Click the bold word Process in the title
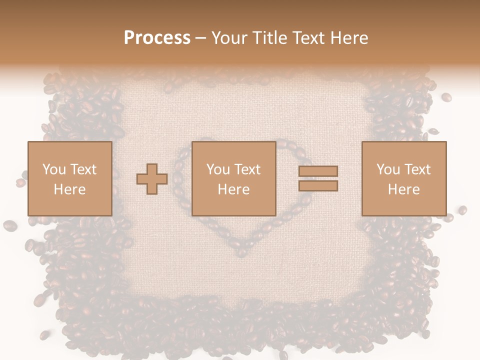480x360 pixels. tap(157, 38)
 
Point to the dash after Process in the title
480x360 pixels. tap(201, 38)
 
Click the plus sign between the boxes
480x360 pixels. tap(152, 179)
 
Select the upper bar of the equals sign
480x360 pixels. tap(318, 171)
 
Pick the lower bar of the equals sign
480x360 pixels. tap(318, 186)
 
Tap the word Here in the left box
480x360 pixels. tap(69, 189)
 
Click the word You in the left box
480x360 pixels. tap(53, 169)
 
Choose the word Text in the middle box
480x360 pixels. tap(247, 169)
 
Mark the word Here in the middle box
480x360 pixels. tap(233, 189)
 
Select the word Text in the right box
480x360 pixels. tap(417, 169)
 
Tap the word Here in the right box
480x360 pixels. tap(403, 189)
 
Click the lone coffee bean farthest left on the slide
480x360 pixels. tap(9, 226)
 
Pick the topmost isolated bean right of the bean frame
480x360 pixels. tap(446, 97)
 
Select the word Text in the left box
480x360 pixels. tap(83, 169)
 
